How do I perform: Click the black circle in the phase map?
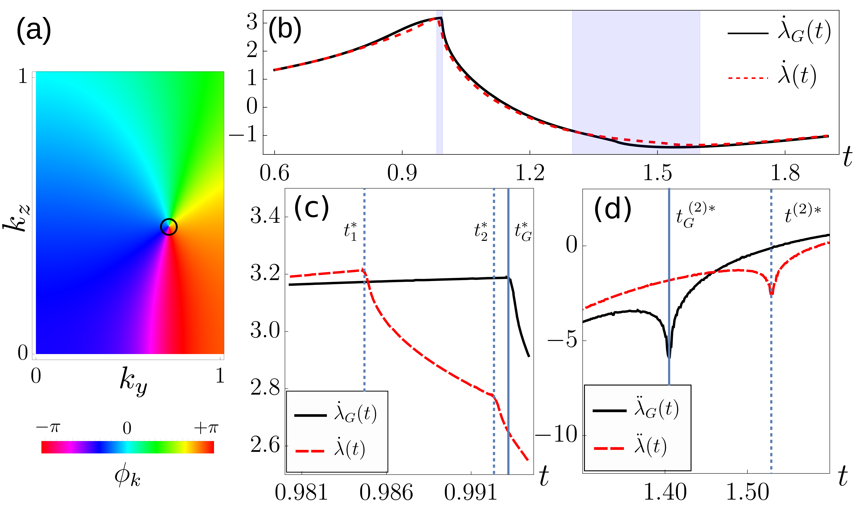[x=169, y=227]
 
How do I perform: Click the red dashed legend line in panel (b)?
[x=748, y=78]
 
